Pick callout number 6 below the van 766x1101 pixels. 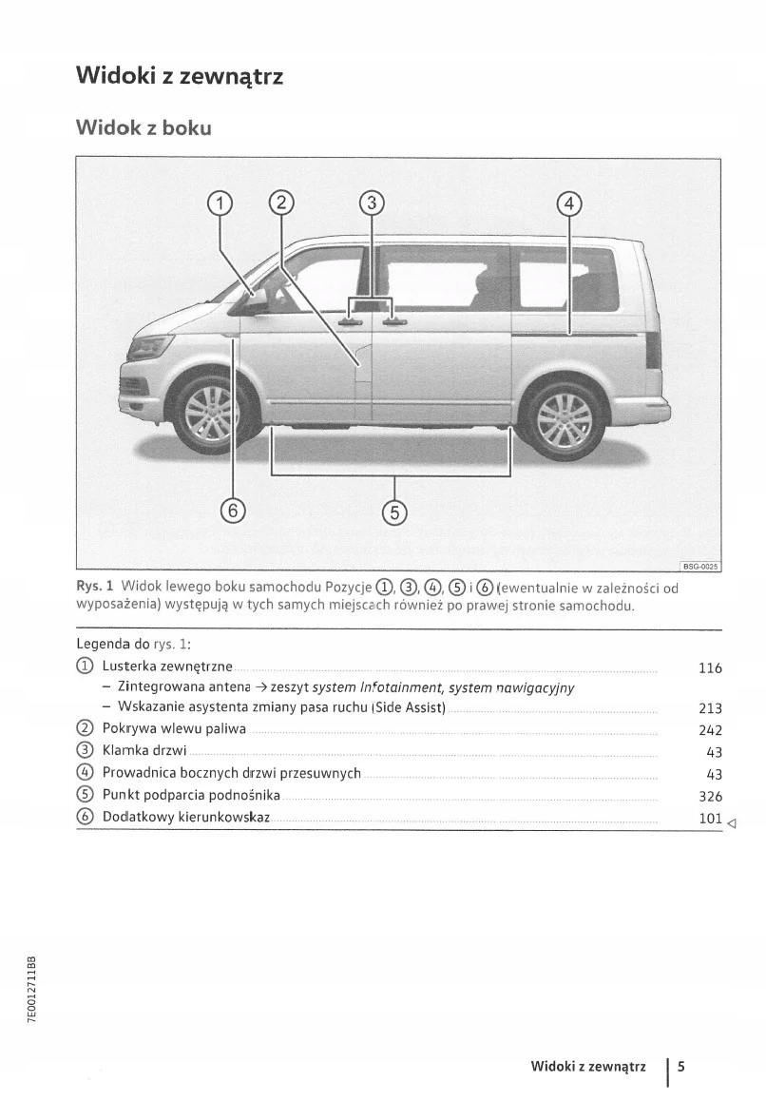click(233, 511)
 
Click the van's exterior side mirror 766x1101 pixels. click(255, 300)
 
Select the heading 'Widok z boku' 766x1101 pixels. click(144, 126)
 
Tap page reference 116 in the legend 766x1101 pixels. click(710, 668)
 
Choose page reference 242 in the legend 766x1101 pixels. click(710, 730)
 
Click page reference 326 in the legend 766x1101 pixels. click(710, 797)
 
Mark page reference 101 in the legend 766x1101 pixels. click(710, 818)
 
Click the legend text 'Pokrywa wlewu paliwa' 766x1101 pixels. click(174, 729)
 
